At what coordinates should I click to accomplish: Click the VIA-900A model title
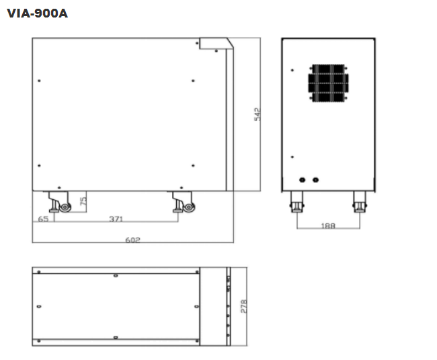(38, 13)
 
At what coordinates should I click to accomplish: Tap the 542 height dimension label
(257, 114)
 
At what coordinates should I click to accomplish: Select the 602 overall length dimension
(132, 240)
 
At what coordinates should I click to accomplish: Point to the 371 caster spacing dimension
(116, 219)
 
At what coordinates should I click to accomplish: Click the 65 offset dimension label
(43, 219)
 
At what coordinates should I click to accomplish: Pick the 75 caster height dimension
(83, 201)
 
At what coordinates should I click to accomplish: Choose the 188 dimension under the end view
(328, 225)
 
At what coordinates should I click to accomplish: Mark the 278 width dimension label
(243, 306)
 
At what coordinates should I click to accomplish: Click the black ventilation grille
(328, 83)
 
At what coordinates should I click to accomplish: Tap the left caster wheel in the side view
(65, 207)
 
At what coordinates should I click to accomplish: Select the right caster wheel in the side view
(189, 207)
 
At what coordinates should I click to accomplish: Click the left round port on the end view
(302, 180)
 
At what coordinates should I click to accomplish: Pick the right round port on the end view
(315, 180)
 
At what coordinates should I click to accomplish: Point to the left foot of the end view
(296, 202)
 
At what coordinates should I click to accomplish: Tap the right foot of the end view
(360, 202)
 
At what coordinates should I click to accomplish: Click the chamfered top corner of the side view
(230, 43)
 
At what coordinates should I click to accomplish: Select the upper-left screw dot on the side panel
(39, 81)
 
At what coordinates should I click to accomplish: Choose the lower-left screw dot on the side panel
(39, 166)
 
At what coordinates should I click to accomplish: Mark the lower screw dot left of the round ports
(292, 157)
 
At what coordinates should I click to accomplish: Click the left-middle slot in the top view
(39, 306)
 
